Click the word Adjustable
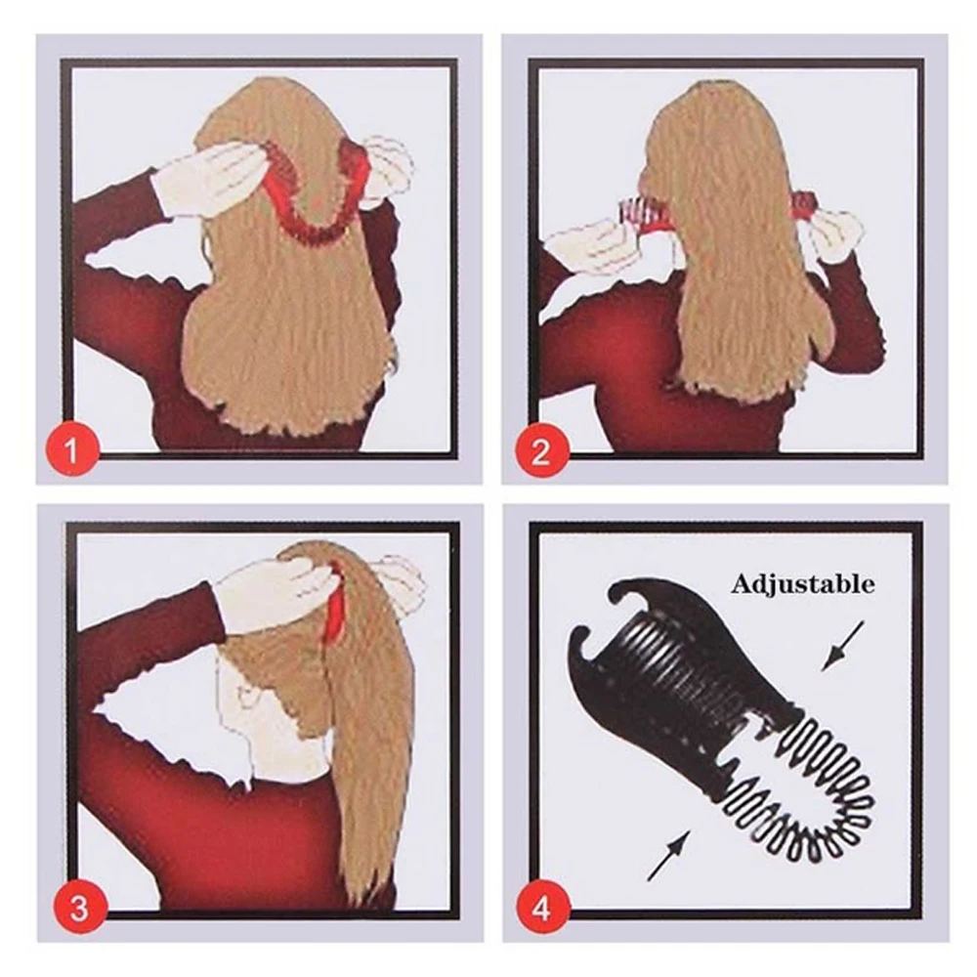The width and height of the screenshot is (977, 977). [x=802, y=584]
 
